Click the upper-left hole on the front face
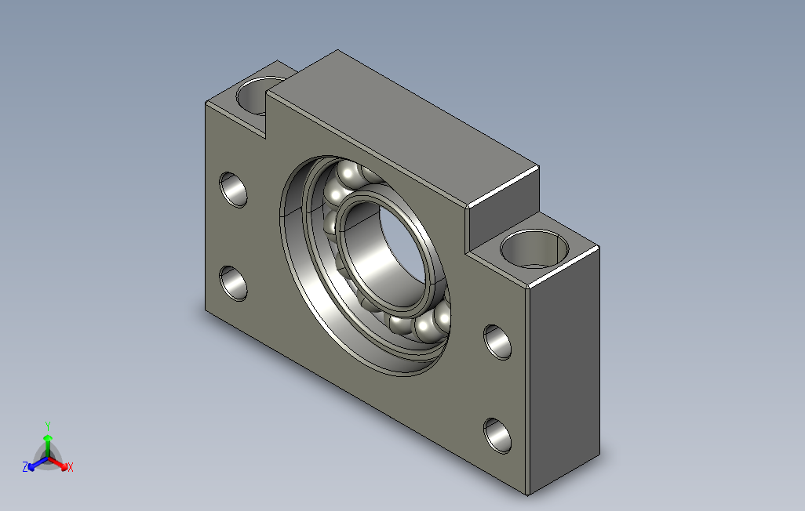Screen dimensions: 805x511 [233, 190]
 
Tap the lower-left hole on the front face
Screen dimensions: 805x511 [233, 283]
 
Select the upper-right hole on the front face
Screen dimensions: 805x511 [497, 342]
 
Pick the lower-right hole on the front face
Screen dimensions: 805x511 [497, 436]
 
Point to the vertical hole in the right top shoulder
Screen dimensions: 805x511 [534, 249]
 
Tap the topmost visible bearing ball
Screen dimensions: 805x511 [348, 172]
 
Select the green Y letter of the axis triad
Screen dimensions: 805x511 [48, 426]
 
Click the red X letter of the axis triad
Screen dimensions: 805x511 [71, 467]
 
